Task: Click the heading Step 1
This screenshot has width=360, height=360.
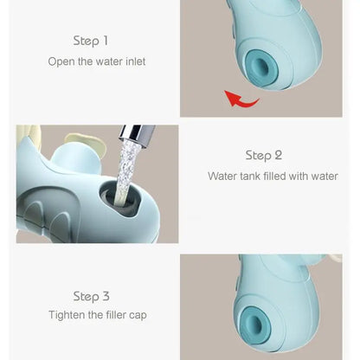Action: (91, 41)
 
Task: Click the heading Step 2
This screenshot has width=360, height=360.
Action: (264, 155)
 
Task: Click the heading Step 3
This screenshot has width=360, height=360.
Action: (91, 296)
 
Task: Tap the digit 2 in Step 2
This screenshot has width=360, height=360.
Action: (278, 155)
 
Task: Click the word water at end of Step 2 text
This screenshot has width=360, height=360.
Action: (323, 176)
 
